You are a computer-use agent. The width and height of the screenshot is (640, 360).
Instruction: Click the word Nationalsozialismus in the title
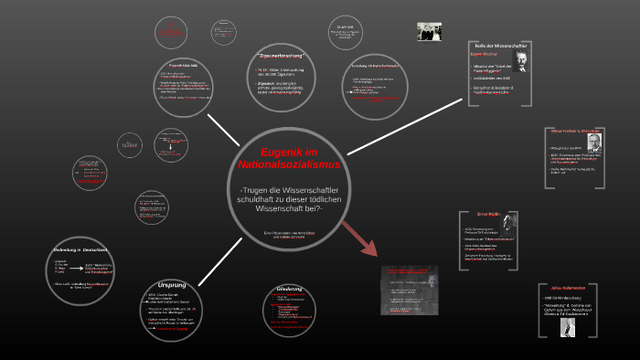point(288,164)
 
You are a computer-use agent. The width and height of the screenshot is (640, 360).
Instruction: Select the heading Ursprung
point(171,284)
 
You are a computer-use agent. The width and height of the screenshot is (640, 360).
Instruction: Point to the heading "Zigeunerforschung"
point(282,58)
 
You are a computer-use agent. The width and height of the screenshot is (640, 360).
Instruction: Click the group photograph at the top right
point(430,31)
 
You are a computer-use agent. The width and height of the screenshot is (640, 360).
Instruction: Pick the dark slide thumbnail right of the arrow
point(409,290)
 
